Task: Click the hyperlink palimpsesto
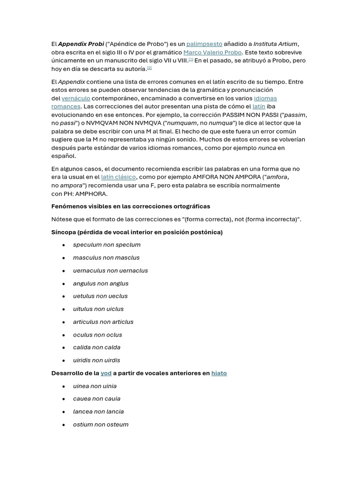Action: [204, 44]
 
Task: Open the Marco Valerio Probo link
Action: [212, 52]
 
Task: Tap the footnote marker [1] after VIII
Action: [191, 60]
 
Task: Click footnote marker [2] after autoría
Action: [150, 67]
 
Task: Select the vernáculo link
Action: [76, 98]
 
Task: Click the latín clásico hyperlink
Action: [118, 177]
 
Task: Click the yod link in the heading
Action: [106, 373]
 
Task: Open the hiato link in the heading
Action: [219, 373]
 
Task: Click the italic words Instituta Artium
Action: [275, 44]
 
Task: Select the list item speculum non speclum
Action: [106, 245]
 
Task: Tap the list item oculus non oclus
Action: [97, 335]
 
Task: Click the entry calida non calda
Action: [97, 347]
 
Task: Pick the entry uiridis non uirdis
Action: [97, 360]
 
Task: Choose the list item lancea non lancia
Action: [98, 412]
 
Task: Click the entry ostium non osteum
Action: [101, 424]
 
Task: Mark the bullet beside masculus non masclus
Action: [63, 258]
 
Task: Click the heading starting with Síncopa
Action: [137, 232]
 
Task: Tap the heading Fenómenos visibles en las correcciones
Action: [131, 206]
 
